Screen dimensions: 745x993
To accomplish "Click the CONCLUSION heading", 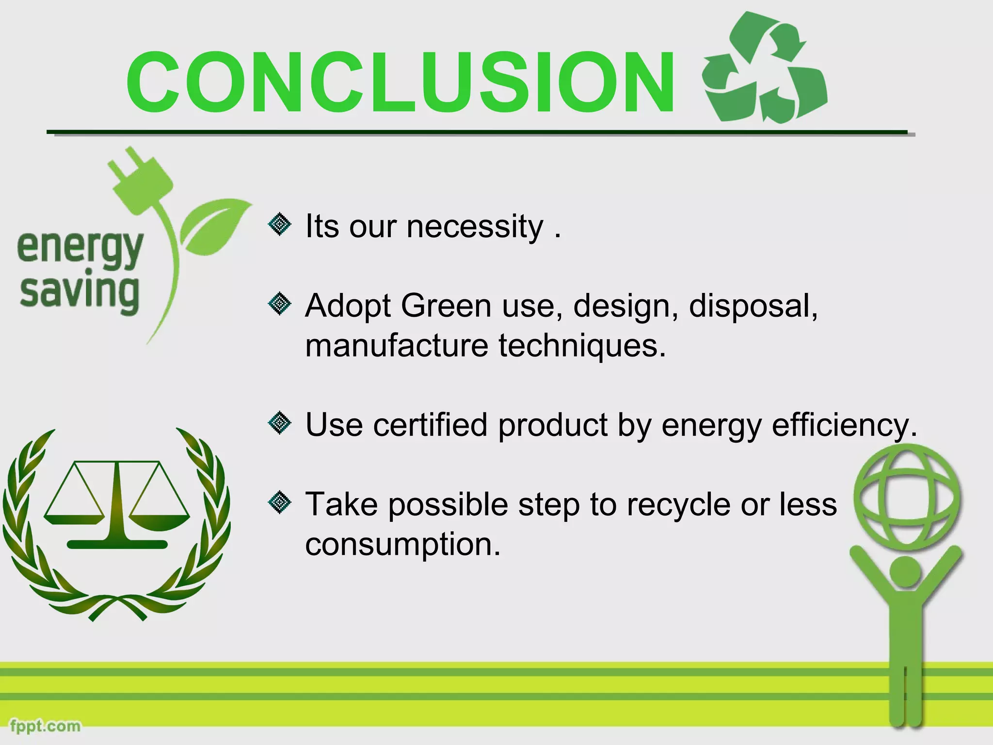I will click(x=400, y=82).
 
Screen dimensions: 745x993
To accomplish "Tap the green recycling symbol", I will click(x=765, y=68).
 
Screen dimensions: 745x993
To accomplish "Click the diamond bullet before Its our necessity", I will click(x=279, y=225).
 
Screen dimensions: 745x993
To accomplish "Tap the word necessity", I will click(x=475, y=227).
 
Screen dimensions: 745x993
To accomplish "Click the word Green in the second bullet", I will click(x=446, y=306).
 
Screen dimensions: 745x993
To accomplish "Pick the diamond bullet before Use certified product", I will click(x=279, y=423).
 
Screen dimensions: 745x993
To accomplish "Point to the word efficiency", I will click(x=844, y=425).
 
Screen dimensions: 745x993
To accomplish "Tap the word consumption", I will click(x=402, y=544).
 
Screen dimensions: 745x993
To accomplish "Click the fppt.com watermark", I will click(x=45, y=726).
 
